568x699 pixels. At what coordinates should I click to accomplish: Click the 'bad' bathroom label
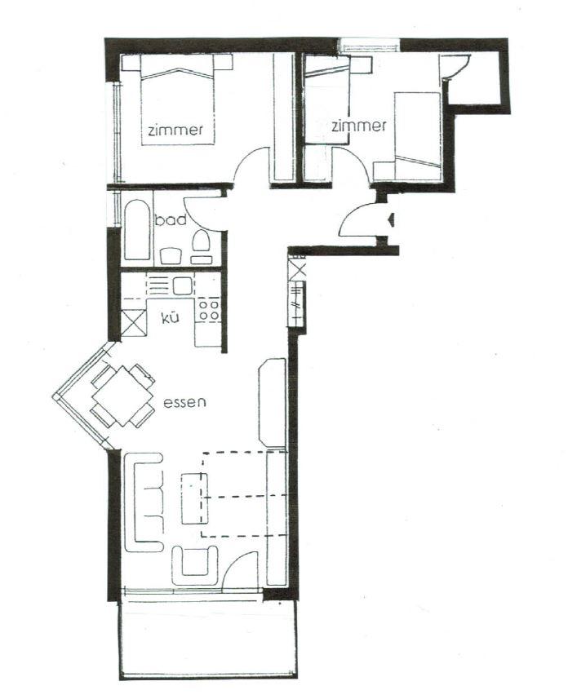pos(171,219)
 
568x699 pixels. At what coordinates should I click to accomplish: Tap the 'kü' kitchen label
pos(171,317)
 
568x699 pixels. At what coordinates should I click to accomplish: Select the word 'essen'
pos(184,403)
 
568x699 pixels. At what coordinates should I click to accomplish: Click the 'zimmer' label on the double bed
pos(175,130)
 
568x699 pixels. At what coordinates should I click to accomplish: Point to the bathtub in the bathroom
pos(137,230)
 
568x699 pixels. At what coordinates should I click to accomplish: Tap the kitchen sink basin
pos(182,285)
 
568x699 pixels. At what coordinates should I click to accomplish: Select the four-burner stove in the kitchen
pos(208,310)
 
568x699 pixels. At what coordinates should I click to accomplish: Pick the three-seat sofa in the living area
pos(144,502)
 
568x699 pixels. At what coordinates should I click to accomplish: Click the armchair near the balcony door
pos(195,564)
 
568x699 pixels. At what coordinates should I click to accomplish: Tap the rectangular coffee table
pos(194,498)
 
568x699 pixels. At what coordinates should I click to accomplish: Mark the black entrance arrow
pos(391,219)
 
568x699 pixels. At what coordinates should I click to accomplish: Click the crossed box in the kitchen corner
pos(133,323)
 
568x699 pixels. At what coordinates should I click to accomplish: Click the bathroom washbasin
pos(171,256)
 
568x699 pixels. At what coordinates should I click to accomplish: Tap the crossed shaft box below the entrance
pos(297,270)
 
